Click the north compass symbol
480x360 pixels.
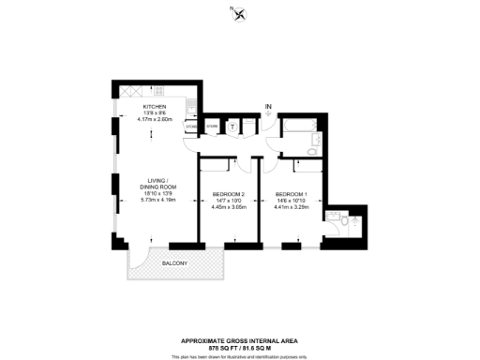coord(239,13)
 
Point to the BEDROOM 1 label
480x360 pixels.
coord(291,193)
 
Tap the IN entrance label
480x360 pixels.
coord(269,107)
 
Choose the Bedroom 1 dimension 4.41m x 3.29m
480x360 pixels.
coord(291,205)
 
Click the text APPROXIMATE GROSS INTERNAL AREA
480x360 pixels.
coord(239,340)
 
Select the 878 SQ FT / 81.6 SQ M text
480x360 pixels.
coord(239,347)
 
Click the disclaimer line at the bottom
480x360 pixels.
coord(239,355)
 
